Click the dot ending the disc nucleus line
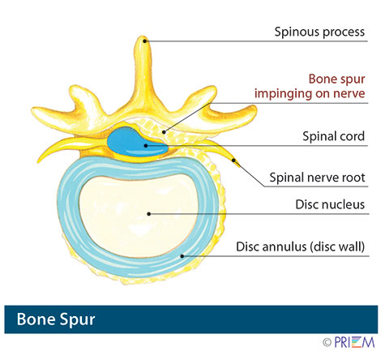pyautogui.click(x=148, y=214)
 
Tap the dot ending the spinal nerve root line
pyautogui.click(x=234, y=161)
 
